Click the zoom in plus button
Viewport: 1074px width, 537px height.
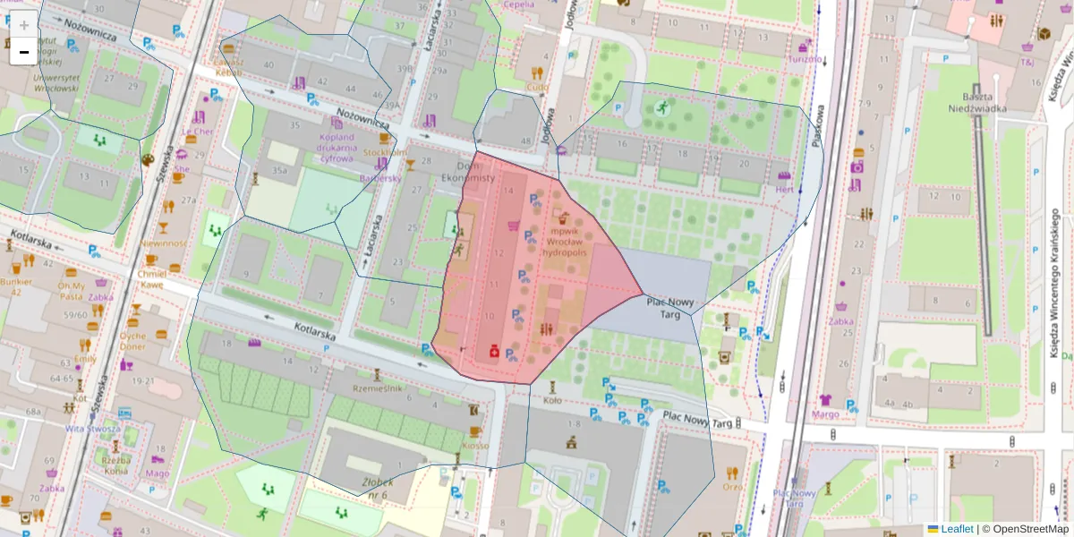point(24,25)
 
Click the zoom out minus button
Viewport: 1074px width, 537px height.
point(24,52)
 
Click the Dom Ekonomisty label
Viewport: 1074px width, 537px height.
point(465,172)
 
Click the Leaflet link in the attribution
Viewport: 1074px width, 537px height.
point(957,529)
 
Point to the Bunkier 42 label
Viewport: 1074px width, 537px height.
point(16,287)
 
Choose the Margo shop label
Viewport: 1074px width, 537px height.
point(825,414)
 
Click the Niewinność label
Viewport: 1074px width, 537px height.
point(163,243)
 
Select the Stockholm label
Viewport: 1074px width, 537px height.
point(384,152)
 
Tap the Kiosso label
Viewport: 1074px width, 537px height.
point(475,445)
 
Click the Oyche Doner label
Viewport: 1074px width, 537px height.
point(132,341)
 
